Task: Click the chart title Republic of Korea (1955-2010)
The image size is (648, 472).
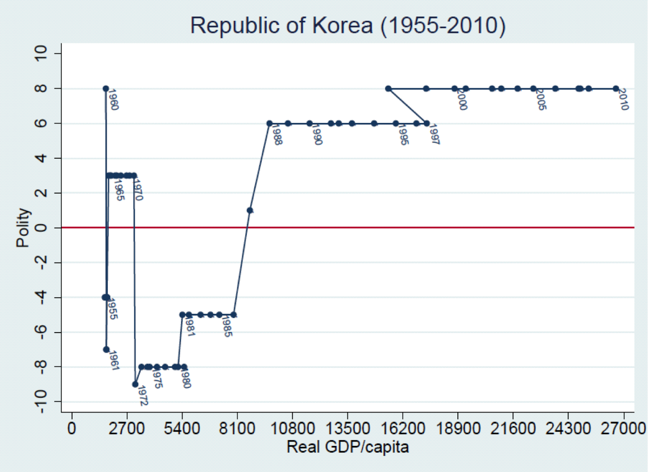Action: [347, 25]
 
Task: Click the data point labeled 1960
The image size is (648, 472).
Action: [105, 89]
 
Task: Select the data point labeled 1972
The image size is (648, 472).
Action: [135, 384]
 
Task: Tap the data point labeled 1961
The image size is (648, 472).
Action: [106, 350]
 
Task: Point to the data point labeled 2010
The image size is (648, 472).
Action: [616, 89]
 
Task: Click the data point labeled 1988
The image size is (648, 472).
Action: [270, 123]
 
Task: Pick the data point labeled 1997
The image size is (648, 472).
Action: [426, 123]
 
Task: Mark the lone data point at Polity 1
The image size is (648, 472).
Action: [250, 211]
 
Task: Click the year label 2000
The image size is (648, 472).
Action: [462, 99]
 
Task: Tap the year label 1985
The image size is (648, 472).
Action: [226, 326]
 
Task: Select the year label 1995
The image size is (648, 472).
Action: [404, 134]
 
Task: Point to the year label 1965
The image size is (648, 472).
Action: [119, 190]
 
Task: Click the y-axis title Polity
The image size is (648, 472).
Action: [23, 228]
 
